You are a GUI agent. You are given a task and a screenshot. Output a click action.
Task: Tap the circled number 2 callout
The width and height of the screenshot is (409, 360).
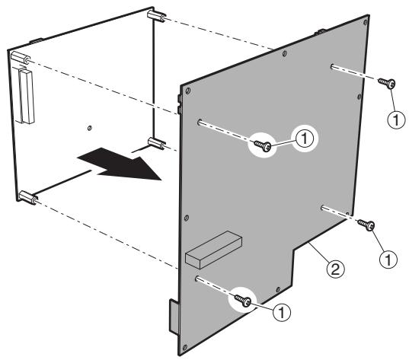click(x=335, y=269)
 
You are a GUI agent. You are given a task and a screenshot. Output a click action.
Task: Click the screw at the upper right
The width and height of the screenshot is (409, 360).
click(x=387, y=84)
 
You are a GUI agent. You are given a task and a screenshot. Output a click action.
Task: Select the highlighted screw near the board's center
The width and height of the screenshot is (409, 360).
click(x=263, y=145)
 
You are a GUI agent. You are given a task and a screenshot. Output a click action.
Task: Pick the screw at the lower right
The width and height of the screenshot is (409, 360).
click(x=366, y=225)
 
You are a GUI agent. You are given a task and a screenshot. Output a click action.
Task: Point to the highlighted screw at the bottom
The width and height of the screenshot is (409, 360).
click(x=243, y=301)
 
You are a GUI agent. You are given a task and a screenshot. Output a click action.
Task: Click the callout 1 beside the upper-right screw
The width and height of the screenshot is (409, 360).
click(x=397, y=120)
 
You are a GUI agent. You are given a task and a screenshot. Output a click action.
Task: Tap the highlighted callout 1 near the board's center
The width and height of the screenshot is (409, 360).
click(x=305, y=139)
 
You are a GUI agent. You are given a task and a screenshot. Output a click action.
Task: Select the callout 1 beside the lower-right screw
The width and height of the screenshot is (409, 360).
click(x=388, y=260)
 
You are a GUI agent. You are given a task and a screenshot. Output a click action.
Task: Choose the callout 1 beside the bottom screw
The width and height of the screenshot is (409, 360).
click(x=282, y=312)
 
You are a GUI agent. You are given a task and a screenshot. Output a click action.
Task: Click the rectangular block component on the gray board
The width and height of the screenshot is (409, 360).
click(x=213, y=250)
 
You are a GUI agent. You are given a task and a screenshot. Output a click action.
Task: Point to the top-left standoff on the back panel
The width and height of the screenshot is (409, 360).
click(x=21, y=58)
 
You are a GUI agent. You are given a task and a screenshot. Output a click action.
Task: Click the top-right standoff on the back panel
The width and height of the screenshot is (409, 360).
click(x=156, y=16)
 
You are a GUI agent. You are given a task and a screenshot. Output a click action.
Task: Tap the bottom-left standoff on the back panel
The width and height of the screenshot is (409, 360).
click(x=28, y=197)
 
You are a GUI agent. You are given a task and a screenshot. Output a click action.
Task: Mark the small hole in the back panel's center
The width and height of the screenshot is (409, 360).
click(x=90, y=128)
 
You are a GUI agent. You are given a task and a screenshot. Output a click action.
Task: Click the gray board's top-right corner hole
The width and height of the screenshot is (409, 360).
click(x=365, y=22)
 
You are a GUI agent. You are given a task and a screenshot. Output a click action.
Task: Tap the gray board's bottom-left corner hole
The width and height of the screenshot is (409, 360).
click(x=185, y=347)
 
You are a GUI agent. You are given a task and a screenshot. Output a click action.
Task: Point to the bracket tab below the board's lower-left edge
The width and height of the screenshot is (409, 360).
click(x=174, y=317)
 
